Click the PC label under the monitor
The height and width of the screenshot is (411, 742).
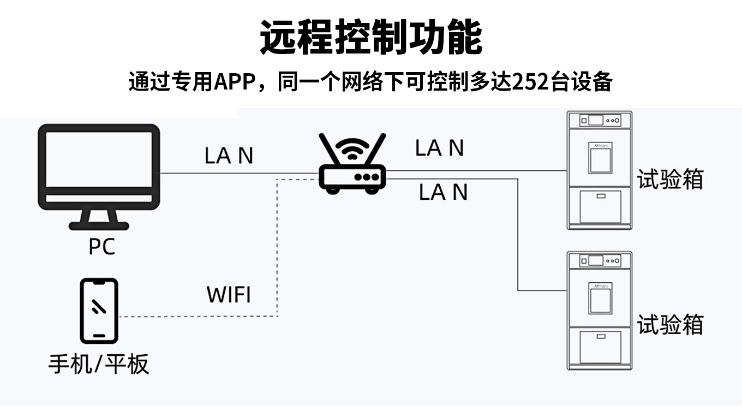(x=101, y=246)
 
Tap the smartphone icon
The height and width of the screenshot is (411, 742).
(x=99, y=311)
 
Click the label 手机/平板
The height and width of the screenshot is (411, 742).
(x=99, y=364)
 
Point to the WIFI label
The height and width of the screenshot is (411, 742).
(x=229, y=295)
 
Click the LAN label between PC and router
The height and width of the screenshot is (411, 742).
(x=229, y=156)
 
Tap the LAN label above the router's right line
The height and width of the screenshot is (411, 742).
(x=439, y=148)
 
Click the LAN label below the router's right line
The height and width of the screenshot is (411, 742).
(x=443, y=192)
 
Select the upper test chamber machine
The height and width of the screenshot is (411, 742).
(x=599, y=170)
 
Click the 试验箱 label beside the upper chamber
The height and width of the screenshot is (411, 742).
(x=670, y=179)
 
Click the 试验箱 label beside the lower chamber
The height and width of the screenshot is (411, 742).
(x=670, y=324)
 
